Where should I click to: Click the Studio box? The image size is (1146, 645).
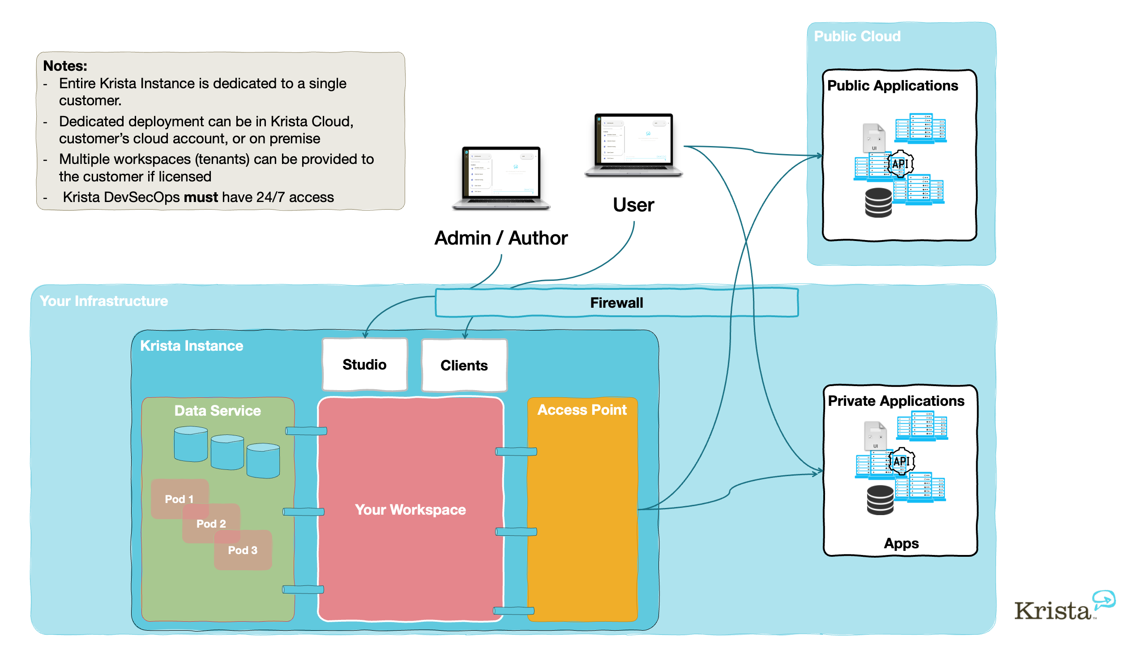tap(364, 365)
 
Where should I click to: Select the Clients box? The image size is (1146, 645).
tap(464, 365)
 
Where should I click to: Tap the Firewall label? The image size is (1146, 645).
tap(616, 303)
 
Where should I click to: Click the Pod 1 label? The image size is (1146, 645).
tap(179, 499)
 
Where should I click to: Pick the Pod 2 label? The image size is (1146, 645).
tap(211, 524)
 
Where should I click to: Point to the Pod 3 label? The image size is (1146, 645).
tap(243, 550)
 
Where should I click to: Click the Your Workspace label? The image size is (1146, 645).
tap(410, 510)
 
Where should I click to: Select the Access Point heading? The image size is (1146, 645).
tap(582, 410)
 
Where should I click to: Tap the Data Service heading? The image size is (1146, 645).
tap(218, 411)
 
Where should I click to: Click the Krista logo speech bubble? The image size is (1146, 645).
tap(1104, 599)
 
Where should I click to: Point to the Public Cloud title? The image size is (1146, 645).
tap(857, 36)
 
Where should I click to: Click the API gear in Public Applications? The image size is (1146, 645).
tap(900, 164)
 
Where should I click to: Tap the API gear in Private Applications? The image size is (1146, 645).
tap(901, 461)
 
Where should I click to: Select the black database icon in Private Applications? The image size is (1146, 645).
tap(880, 500)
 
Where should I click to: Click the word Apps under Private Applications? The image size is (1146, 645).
tap(901, 543)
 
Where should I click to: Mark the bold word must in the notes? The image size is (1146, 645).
tap(201, 197)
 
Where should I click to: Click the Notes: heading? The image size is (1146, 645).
tap(65, 66)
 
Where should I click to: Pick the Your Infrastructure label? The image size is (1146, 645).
tap(104, 301)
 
